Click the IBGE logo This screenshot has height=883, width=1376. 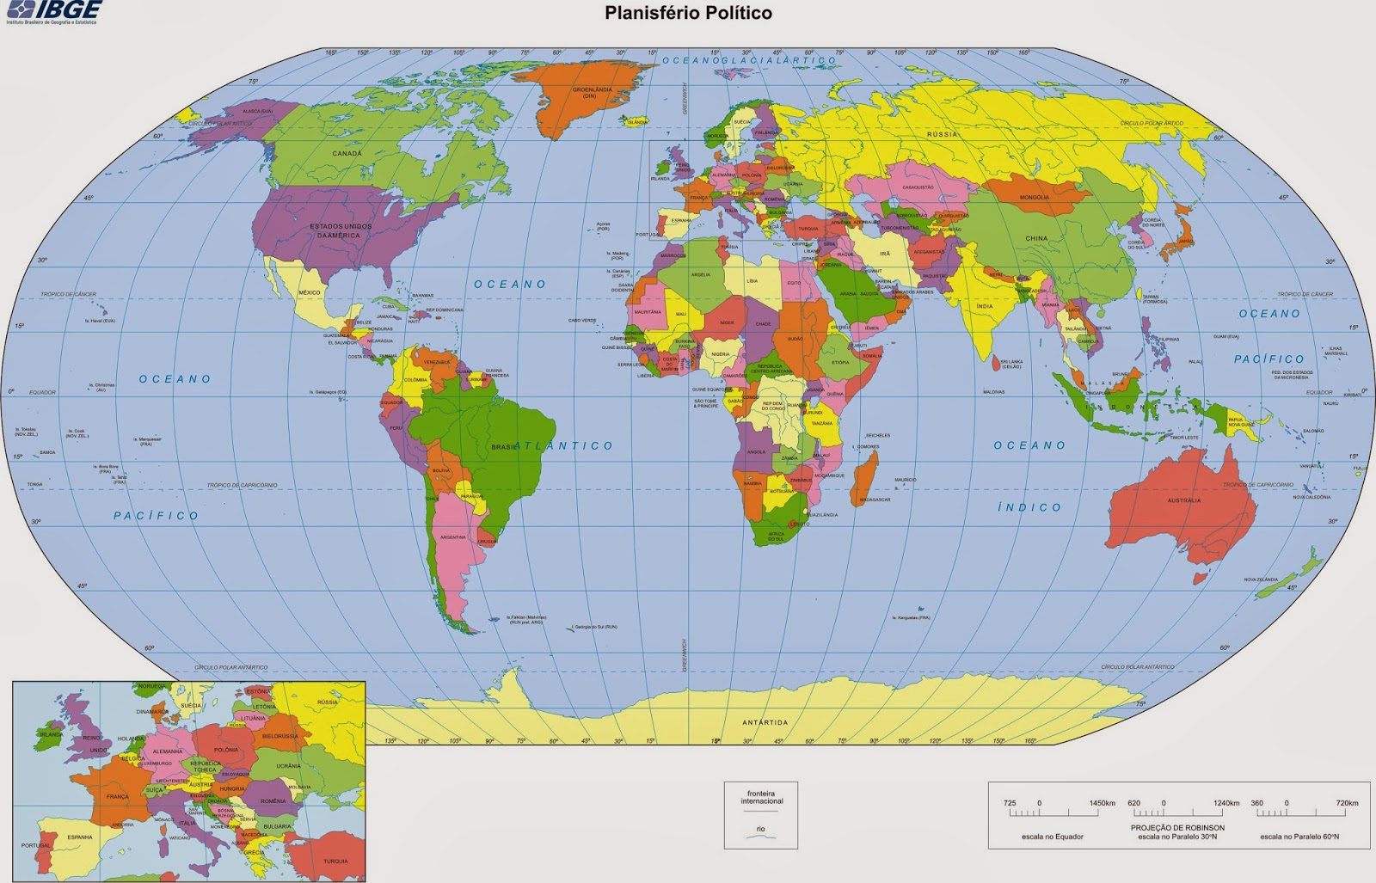[53, 10]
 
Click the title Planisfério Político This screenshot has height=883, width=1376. [688, 13]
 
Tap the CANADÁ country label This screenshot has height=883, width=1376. [347, 154]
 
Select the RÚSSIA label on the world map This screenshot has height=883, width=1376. [942, 135]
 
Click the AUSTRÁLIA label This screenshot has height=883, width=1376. [1183, 500]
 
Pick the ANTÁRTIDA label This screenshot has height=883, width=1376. [765, 722]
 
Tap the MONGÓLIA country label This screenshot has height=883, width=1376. [1034, 198]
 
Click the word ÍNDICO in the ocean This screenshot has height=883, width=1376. [1029, 507]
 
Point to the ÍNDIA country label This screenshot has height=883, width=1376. [985, 306]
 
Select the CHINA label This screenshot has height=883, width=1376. [1036, 238]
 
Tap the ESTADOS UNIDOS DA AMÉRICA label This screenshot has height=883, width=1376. [341, 230]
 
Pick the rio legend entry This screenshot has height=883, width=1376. [760, 831]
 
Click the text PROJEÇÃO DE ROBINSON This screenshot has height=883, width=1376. [1177, 827]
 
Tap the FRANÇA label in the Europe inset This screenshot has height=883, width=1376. [118, 797]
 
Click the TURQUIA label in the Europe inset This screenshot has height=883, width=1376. [335, 861]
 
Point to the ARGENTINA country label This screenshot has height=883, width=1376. [452, 537]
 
